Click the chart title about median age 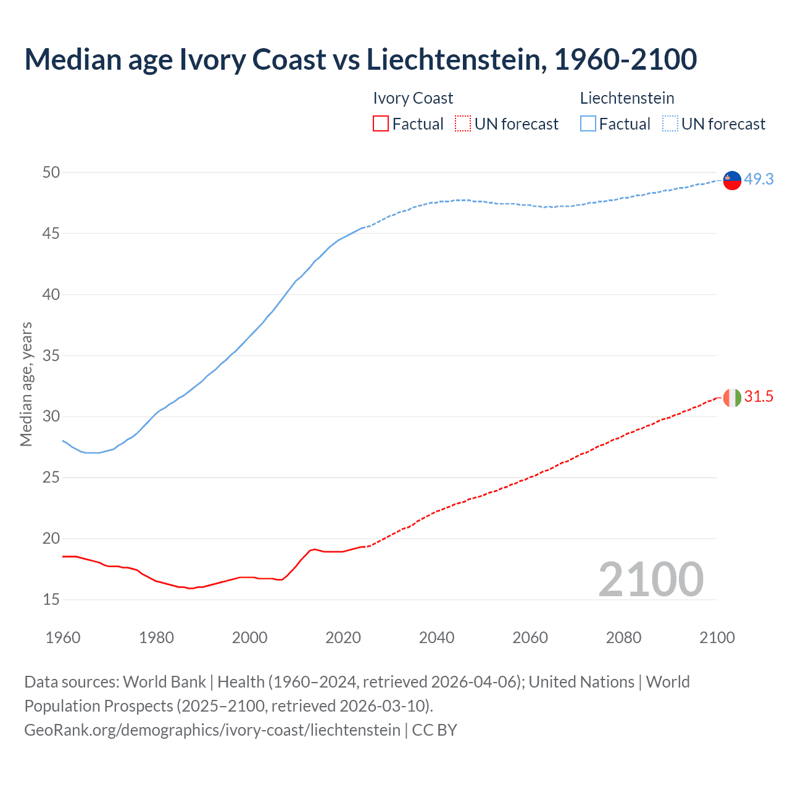pyautogui.click(x=360, y=60)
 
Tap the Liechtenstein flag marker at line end pyautogui.click(x=732, y=180)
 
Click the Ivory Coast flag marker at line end pyautogui.click(x=732, y=398)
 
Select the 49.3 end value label pyautogui.click(x=759, y=179)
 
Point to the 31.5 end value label pyautogui.click(x=759, y=397)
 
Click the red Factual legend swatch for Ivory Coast pyautogui.click(x=381, y=124)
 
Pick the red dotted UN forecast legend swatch pyautogui.click(x=463, y=124)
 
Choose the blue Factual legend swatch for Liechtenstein pyautogui.click(x=588, y=124)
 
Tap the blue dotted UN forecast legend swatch pyautogui.click(x=670, y=124)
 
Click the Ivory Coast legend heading pyautogui.click(x=413, y=98)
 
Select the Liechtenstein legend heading pyautogui.click(x=626, y=98)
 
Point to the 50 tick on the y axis pyautogui.click(x=51, y=172)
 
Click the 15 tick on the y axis pyautogui.click(x=51, y=599)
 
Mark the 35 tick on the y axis pyautogui.click(x=51, y=355)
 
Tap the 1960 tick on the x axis pyautogui.click(x=63, y=638)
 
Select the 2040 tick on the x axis pyautogui.click(x=436, y=638)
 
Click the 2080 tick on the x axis pyautogui.click(x=623, y=638)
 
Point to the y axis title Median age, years pyautogui.click(x=26, y=384)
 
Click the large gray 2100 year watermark pyautogui.click(x=651, y=579)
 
